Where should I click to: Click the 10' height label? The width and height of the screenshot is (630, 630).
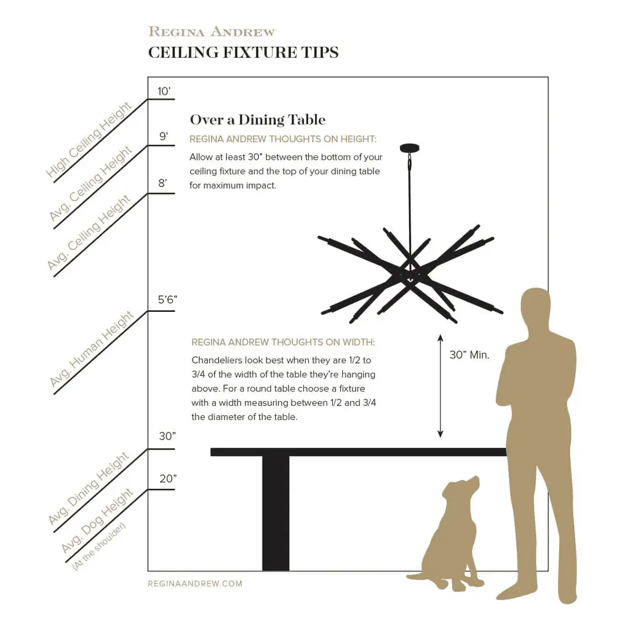click(164, 91)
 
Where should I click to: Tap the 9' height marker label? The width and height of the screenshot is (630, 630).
click(164, 137)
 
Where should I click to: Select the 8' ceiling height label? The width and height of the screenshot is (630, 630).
click(162, 183)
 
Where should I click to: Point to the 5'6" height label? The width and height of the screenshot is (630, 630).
click(167, 300)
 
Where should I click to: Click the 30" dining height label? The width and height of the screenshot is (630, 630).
click(167, 436)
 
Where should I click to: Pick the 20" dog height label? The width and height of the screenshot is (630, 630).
click(168, 479)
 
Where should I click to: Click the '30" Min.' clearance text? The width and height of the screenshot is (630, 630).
click(469, 355)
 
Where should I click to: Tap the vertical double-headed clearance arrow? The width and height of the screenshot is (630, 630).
click(441, 386)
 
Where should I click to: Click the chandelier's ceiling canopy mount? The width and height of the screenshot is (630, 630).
click(409, 148)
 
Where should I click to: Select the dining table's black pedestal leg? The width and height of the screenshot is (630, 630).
click(276, 513)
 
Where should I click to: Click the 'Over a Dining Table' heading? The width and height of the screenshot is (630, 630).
click(258, 120)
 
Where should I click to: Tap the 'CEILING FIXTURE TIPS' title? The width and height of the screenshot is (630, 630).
click(244, 53)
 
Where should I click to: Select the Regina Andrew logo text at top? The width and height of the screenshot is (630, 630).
click(212, 31)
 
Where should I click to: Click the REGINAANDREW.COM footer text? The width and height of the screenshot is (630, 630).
click(195, 583)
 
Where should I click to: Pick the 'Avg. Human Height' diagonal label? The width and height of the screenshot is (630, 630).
click(92, 349)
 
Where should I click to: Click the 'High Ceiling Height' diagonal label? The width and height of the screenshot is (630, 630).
click(89, 140)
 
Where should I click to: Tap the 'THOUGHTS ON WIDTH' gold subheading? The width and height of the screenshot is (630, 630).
click(283, 342)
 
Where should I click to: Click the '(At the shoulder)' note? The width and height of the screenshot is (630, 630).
click(99, 546)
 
